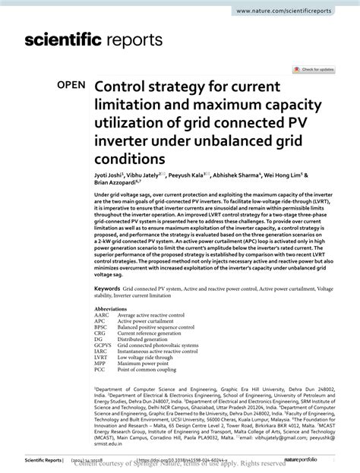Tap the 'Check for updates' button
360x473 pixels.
pos(317,69)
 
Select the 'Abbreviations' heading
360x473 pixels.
pos(111,310)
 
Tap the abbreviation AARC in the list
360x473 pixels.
pos(102,316)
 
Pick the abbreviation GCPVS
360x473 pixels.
pos(103,345)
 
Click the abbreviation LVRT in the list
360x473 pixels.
pos(101,358)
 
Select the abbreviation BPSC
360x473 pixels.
pos(101,328)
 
